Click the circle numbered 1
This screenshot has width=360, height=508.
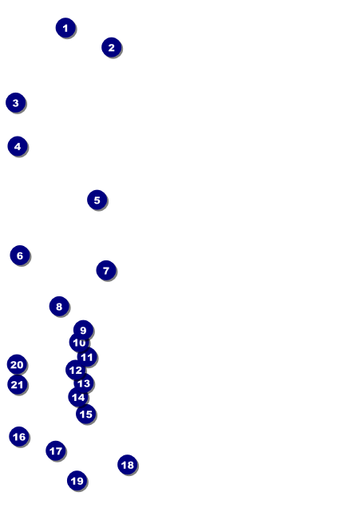65,28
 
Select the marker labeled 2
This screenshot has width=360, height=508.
112,47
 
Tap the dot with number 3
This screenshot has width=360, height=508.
15,103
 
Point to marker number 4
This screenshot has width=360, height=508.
18,146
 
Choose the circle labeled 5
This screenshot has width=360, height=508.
97,200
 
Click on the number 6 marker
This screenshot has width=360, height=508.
20,256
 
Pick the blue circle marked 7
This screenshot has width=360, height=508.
106,270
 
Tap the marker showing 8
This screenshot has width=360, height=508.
59,306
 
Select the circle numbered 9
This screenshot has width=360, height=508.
84,330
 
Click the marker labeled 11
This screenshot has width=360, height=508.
87,357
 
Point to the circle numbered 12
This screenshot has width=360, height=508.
75,370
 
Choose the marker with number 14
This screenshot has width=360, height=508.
78,397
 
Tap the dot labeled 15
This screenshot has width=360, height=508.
85,414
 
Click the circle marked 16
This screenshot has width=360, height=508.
19,437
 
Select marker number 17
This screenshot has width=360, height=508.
56,450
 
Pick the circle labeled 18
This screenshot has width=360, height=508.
128,465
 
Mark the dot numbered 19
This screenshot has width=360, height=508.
77,481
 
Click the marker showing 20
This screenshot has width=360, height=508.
17,364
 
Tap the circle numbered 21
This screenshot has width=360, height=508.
18,384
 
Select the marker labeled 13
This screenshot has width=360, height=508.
84,383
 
